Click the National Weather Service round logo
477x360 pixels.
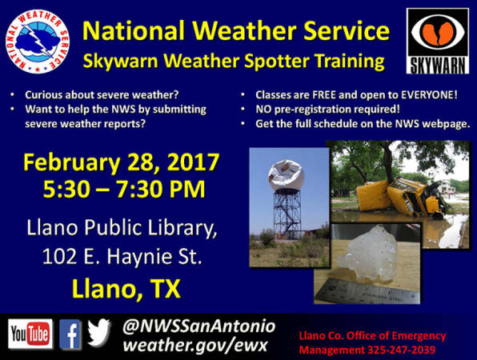(x=38, y=42)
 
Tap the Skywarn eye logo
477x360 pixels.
(x=438, y=41)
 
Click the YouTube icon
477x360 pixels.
(x=30, y=334)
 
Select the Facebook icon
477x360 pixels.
(x=70, y=334)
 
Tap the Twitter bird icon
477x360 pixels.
(x=99, y=332)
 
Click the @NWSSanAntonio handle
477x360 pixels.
(x=199, y=326)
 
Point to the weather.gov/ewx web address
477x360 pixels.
(x=195, y=345)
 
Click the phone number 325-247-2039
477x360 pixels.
(x=401, y=350)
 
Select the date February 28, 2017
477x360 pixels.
(x=122, y=162)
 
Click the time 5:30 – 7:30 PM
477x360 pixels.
(x=124, y=190)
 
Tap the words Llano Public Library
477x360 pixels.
(x=122, y=228)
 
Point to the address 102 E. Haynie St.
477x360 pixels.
(x=122, y=256)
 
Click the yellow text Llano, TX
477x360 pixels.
(x=126, y=288)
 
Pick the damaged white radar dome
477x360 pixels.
(x=286, y=175)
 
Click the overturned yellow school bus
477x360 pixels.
(x=402, y=197)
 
